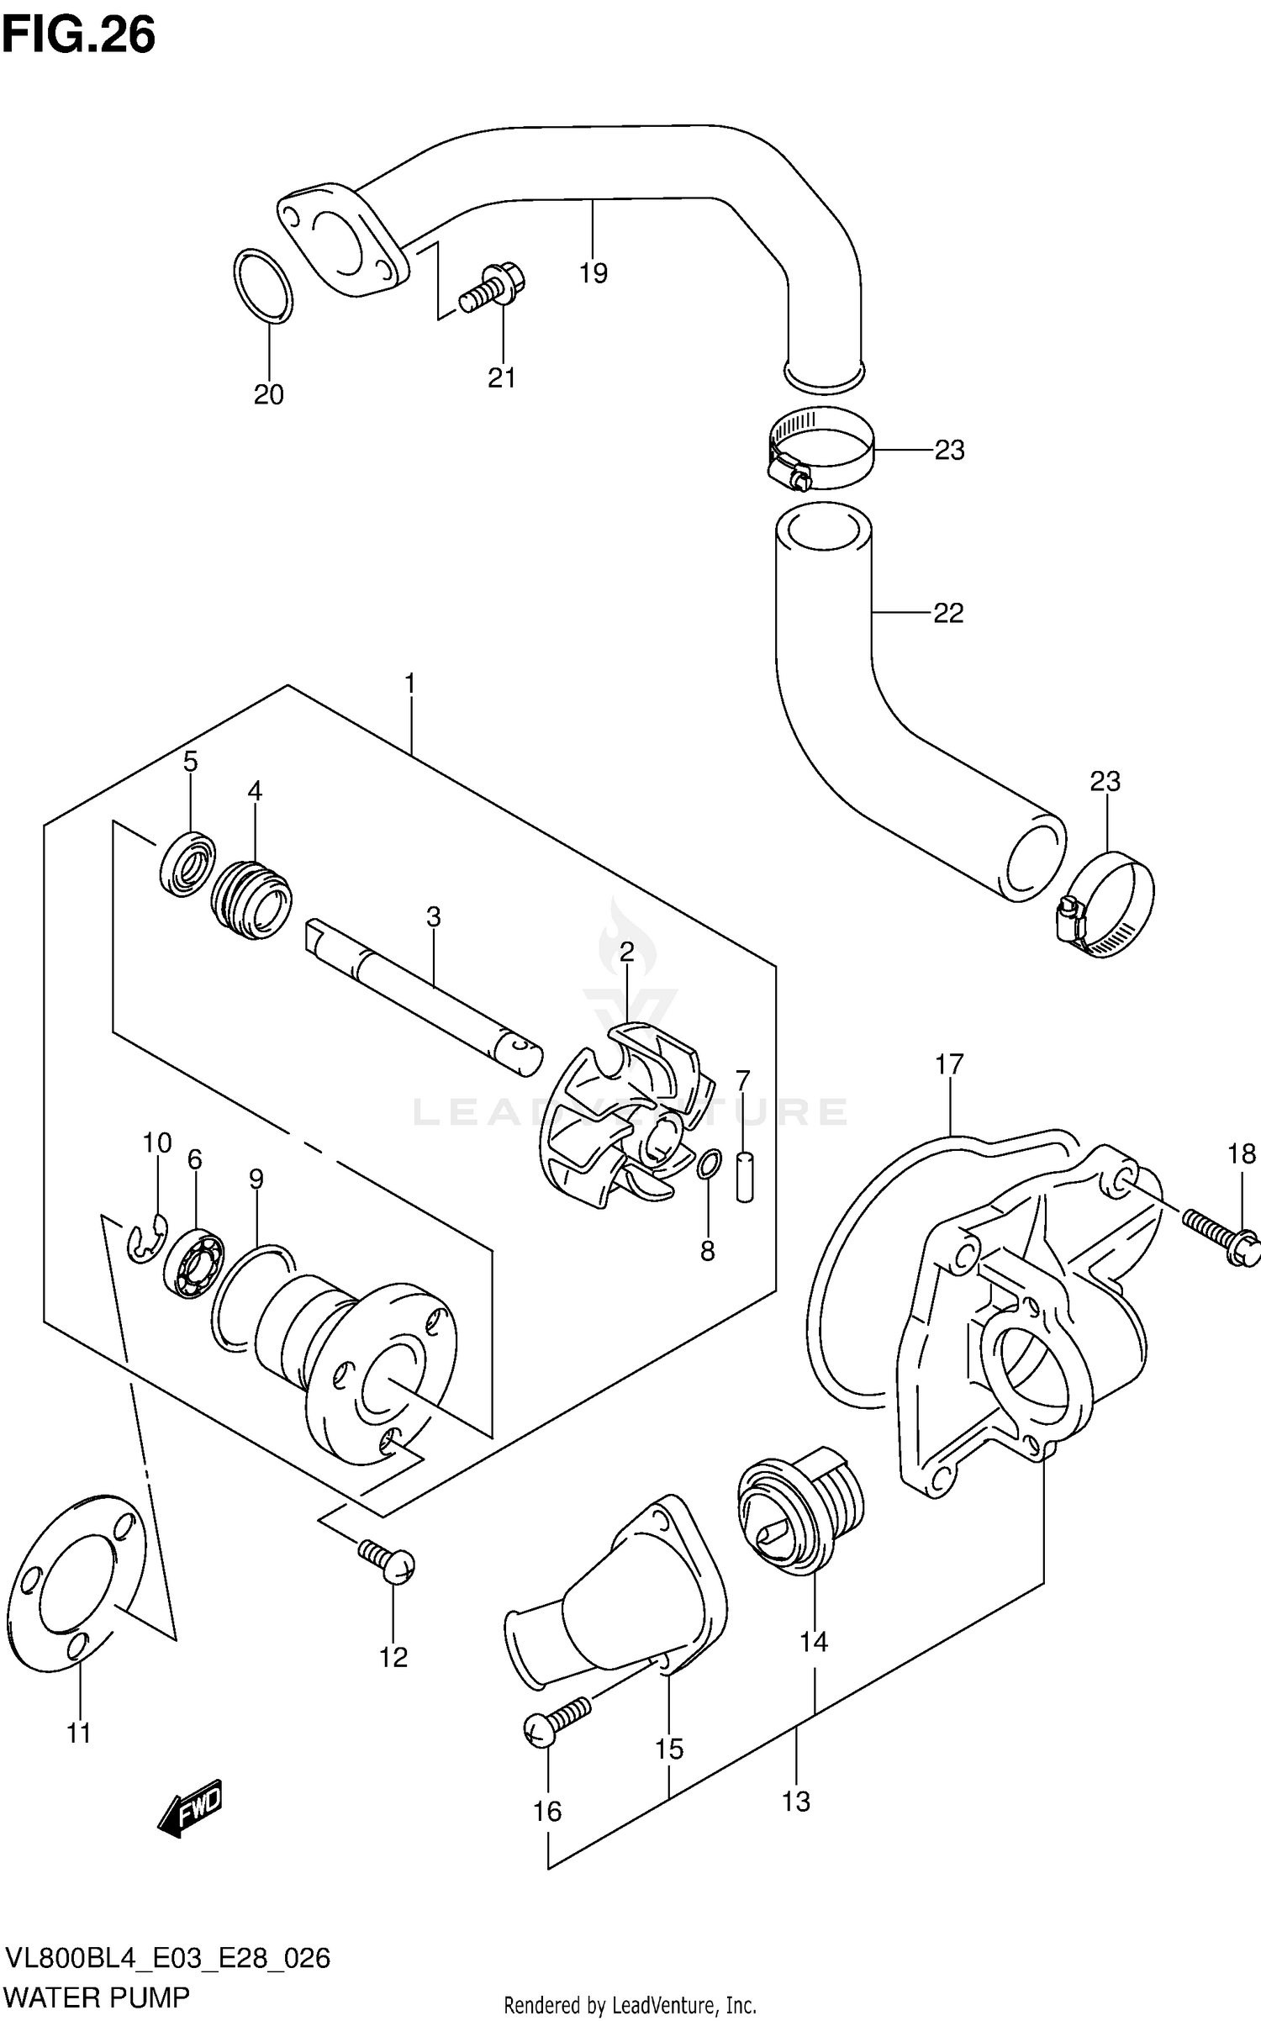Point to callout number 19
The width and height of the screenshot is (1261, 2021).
(x=593, y=273)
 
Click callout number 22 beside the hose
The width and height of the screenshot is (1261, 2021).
(x=948, y=614)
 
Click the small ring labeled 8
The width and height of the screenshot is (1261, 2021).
(x=709, y=1164)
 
